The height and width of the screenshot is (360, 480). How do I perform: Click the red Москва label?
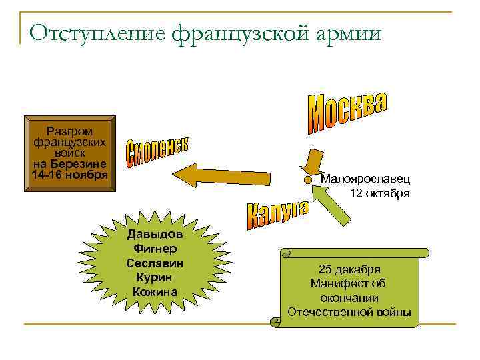347,110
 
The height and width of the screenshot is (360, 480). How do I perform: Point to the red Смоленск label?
157,153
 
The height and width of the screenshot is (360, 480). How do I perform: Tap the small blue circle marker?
307,180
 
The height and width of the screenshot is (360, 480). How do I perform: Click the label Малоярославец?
365,179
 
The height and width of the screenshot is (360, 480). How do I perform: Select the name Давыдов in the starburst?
155,235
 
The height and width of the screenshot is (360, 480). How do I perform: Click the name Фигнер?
155,249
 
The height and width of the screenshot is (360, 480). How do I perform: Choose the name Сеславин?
155,263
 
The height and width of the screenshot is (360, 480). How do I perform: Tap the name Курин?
155,277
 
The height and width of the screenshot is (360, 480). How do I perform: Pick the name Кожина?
155,291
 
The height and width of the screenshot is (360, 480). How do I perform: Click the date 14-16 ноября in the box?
69,175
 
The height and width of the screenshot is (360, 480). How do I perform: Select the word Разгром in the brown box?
70,131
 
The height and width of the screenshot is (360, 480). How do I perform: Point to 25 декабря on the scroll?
349,269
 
